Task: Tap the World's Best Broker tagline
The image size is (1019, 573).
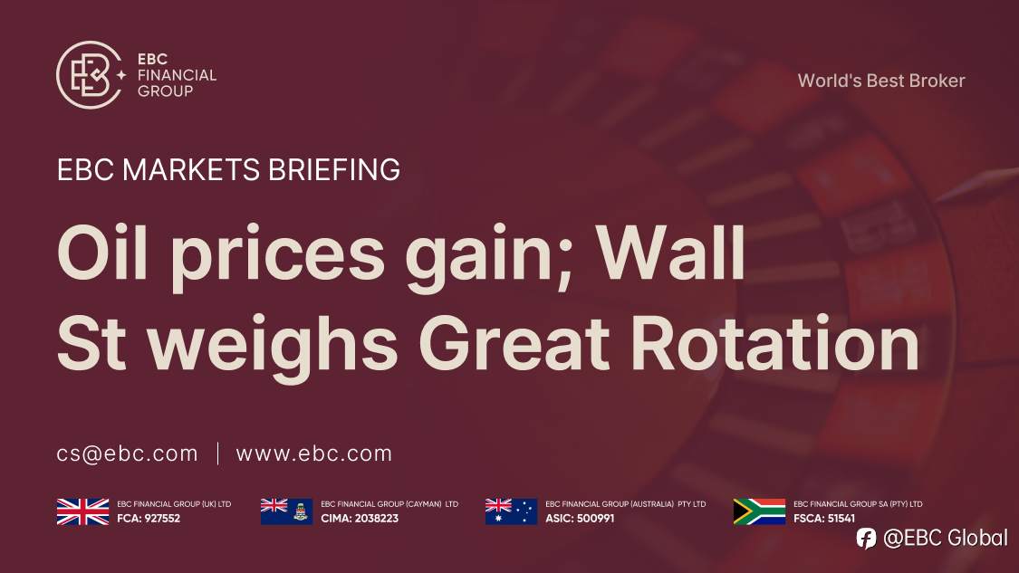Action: coord(881,81)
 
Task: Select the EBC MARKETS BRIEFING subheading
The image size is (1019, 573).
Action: coord(228,169)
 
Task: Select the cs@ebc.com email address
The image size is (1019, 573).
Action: coord(127,454)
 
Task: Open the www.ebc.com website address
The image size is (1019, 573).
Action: coord(314,454)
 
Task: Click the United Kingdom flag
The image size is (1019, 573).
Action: coord(82,511)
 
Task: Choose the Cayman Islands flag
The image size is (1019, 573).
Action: coord(286,511)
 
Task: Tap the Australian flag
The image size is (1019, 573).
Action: coord(511,511)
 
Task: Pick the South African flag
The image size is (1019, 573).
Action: coord(759,511)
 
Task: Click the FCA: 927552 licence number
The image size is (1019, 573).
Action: coord(149,519)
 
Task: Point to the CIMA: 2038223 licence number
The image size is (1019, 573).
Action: coord(360,519)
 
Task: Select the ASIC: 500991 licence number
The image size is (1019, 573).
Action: coord(580,519)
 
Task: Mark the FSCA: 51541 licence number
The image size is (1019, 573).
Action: coord(824,519)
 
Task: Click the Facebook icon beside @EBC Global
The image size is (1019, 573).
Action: coord(867,538)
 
